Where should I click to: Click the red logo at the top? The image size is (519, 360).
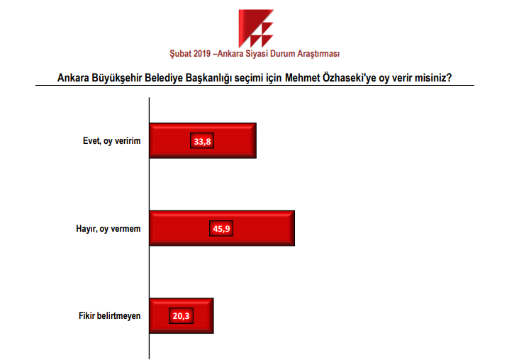point(255,28)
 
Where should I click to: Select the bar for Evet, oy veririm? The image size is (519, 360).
point(203,140)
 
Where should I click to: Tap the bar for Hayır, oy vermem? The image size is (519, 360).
point(222,228)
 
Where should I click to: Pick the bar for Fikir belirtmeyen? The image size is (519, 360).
point(182,315)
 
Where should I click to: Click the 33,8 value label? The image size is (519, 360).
point(202,140)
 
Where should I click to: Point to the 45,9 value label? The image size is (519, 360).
point(221,228)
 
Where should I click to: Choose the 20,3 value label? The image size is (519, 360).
point(181,315)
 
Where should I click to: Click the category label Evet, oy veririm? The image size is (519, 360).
point(112,141)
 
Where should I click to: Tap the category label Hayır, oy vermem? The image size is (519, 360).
point(108,229)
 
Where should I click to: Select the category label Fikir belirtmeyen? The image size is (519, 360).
point(110,316)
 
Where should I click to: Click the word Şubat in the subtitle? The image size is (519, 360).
point(181,54)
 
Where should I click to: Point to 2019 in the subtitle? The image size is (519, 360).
point(202,54)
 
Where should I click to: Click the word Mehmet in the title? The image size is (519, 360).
point(303,78)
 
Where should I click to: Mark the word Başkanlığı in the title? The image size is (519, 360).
point(208,79)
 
